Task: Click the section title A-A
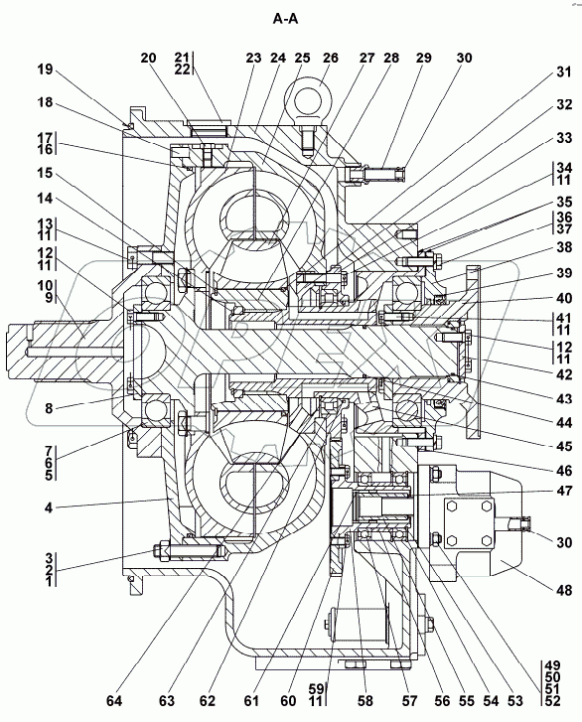click(x=286, y=19)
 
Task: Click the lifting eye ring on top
click(x=307, y=94)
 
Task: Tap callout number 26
click(x=330, y=58)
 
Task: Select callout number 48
click(x=564, y=590)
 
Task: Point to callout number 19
click(x=46, y=70)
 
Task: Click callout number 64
click(x=114, y=701)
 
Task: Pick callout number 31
click(x=563, y=72)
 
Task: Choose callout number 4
click(x=49, y=508)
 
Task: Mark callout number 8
click(x=49, y=408)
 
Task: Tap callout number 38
click(x=563, y=247)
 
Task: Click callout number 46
click(x=564, y=471)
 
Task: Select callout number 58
click(x=365, y=701)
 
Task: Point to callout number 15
click(x=46, y=174)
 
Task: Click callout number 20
click(x=148, y=58)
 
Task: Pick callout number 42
click(x=564, y=374)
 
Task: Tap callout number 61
click(x=251, y=701)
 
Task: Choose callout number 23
click(x=253, y=58)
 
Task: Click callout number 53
click(x=514, y=701)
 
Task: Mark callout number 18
click(x=46, y=102)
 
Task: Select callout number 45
click(x=564, y=446)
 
